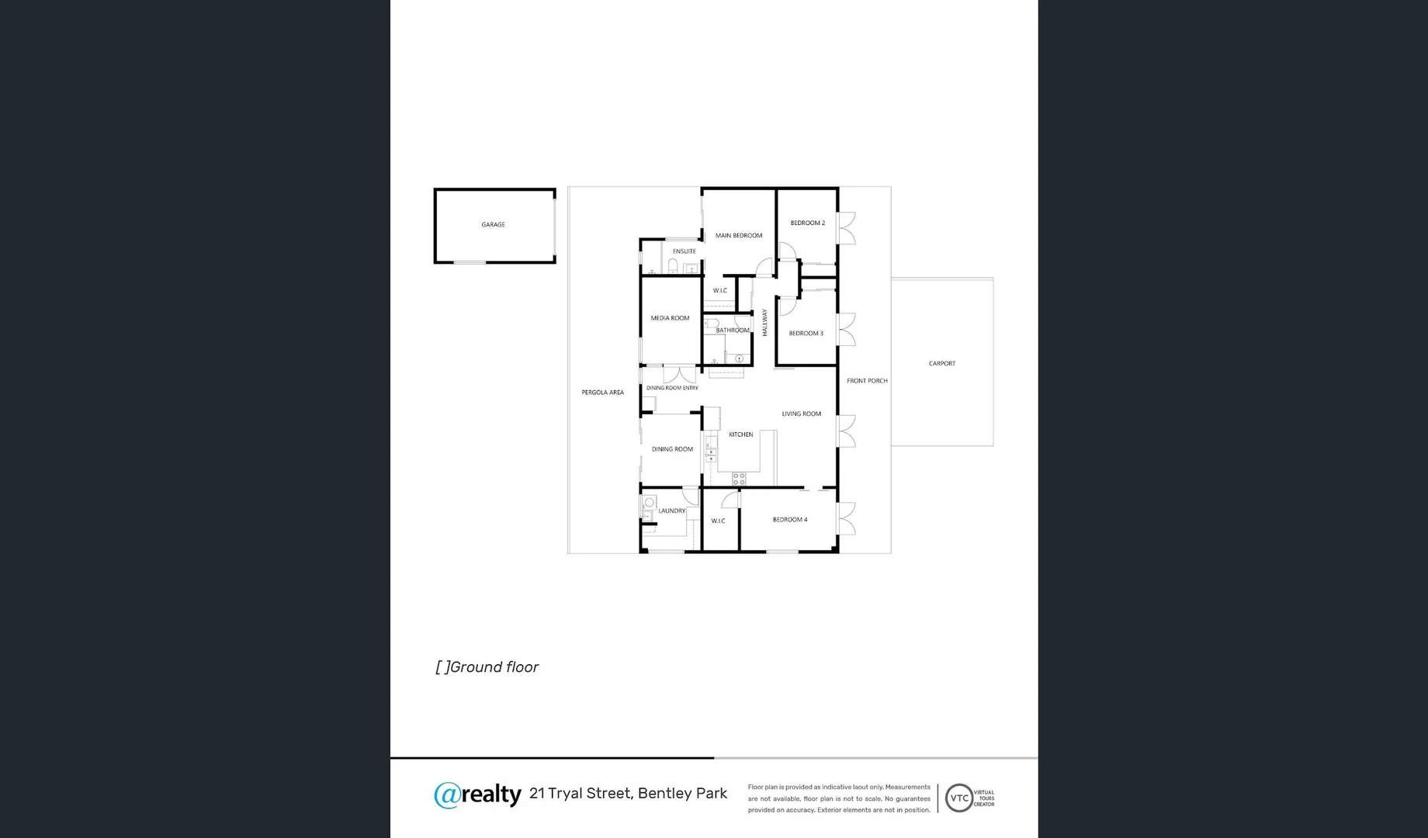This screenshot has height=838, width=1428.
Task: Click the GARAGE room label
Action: (x=493, y=225)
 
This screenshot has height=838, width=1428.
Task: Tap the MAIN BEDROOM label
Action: (x=738, y=235)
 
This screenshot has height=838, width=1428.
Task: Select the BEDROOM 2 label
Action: (x=807, y=223)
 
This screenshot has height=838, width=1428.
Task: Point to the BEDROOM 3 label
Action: (x=806, y=334)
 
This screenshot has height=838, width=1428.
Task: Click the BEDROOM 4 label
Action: (x=789, y=520)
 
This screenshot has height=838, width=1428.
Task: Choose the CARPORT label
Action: (x=941, y=363)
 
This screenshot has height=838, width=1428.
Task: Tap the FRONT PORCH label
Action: (x=867, y=381)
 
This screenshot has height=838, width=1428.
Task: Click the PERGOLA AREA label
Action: (x=602, y=393)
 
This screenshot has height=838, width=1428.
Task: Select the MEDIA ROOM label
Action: (x=670, y=318)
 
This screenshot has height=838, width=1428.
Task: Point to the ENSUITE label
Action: (x=684, y=251)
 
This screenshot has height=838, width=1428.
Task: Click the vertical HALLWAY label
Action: (x=764, y=322)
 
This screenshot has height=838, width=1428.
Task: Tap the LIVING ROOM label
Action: (x=801, y=414)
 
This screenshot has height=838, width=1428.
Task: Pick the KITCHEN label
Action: (x=740, y=435)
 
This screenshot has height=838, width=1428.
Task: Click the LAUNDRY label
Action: (x=671, y=511)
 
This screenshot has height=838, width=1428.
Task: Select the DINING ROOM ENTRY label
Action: (x=672, y=388)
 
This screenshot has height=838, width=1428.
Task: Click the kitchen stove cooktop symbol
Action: (x=739, y=479)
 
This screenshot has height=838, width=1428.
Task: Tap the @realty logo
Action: (x=477, y=794)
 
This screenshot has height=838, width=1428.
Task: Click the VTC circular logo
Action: (x=959, y=798)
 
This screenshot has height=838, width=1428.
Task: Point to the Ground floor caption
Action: (x=487, y=667)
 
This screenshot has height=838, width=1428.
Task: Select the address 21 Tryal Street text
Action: (x=580, y=793)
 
